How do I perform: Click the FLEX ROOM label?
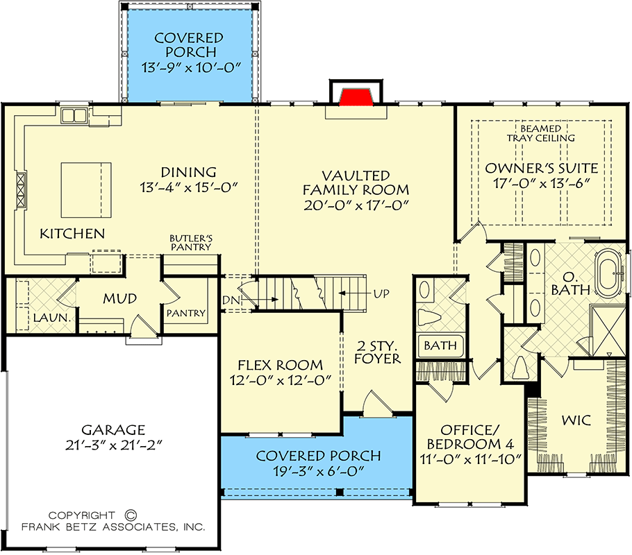(x=280, y=364)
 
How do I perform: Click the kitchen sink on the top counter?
(x=73, y=115)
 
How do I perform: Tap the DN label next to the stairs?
(x=232, y=300)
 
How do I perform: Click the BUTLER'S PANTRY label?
(x=191, y=242)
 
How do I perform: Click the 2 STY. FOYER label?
(x=378, y=351)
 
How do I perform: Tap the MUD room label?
(x=120, y=298)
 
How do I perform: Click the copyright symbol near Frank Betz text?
(x=129, y=515)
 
